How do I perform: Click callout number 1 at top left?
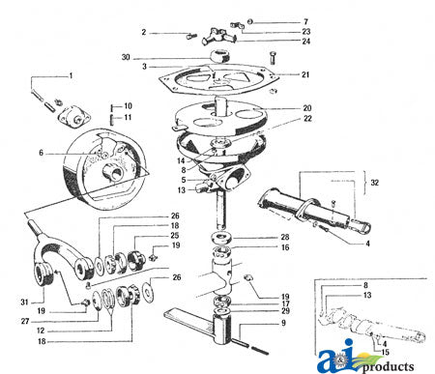pos(69,75)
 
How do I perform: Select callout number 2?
pos(144,33)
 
